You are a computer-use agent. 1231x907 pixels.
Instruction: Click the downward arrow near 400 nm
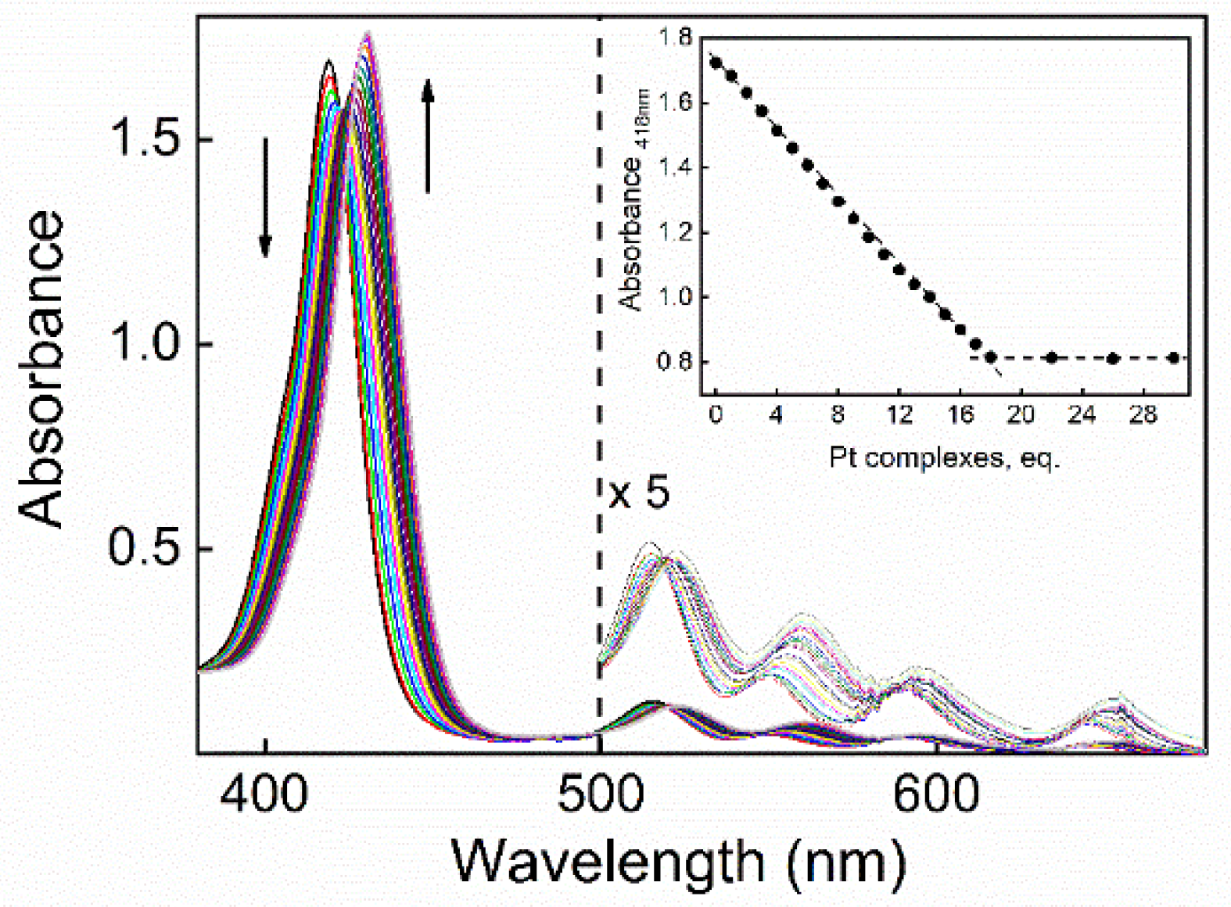[265, 197]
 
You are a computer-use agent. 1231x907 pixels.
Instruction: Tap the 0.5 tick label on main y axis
[148, 548]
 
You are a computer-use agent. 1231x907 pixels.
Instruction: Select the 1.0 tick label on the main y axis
[148, 344]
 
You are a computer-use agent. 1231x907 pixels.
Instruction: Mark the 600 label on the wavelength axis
[935, 794]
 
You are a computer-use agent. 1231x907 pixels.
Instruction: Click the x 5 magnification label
[639, 494]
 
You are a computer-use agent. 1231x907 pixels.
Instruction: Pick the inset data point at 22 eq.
[1052, 358]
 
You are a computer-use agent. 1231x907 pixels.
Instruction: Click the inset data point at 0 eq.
[715, 63]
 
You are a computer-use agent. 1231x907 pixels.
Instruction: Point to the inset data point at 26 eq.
[1113, 359]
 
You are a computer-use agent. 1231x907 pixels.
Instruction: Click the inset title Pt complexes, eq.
[944, 457]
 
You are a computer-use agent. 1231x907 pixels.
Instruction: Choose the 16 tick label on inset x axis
[960, 415]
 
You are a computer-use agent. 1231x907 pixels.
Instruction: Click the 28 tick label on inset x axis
[1143, 415]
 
